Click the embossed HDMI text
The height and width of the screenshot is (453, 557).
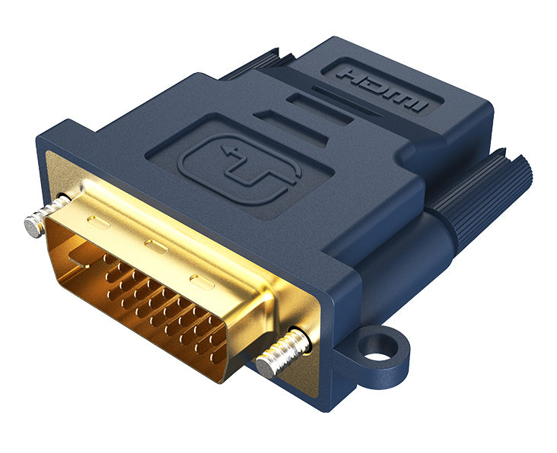point(381,88)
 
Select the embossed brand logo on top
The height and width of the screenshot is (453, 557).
point(238,169)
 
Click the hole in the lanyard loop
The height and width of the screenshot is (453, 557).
point(377,350)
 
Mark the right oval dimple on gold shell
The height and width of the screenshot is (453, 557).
point(202,282)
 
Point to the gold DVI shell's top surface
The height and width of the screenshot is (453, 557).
point(152,228)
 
